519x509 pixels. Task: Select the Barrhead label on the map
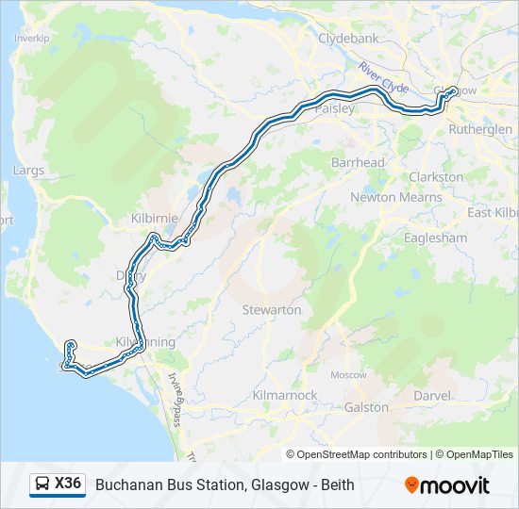click(x=358, y=162)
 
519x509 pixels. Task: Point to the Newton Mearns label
click(x=395, y=197)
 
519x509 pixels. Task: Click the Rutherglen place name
click(x=480, y=128)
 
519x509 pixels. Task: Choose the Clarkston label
click(x=436, y=176)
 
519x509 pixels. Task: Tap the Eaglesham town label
click(x=435, y=238)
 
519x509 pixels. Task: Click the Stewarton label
click(x=272, y=309)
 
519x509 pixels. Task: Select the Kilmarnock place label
click(x=285, y=396)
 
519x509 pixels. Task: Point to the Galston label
click(x=366, y=407)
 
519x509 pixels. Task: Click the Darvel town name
click(x=432, y=396)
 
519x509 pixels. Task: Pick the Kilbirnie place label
click(x=154, y=218)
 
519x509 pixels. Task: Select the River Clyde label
click(x=383, y=77)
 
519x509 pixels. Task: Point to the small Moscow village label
click(x=348, y=374)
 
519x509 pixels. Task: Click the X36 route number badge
click(x=68, y=484)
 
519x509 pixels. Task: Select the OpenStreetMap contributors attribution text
click(x=357, y=454)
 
